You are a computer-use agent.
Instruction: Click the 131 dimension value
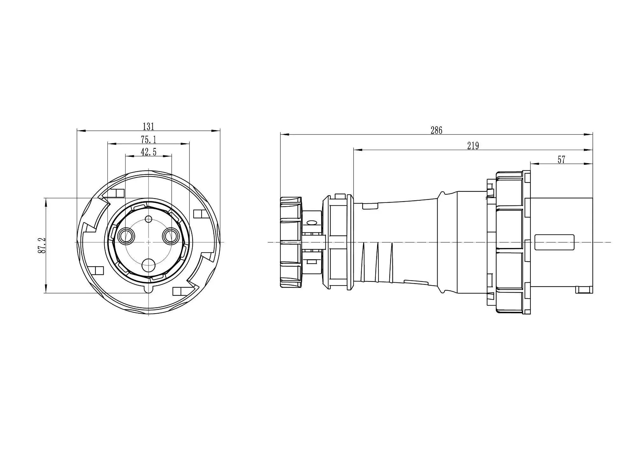[149, 127]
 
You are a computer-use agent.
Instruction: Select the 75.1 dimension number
[149, 140]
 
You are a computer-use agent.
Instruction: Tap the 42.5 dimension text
[149, 152]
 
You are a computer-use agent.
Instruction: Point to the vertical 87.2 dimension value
[42, 245]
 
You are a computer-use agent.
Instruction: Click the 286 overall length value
[436, 130]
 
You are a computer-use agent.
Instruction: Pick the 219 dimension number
[473, 146]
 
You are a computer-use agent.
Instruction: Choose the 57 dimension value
[561, 160]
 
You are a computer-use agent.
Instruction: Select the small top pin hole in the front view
[149, 219]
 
